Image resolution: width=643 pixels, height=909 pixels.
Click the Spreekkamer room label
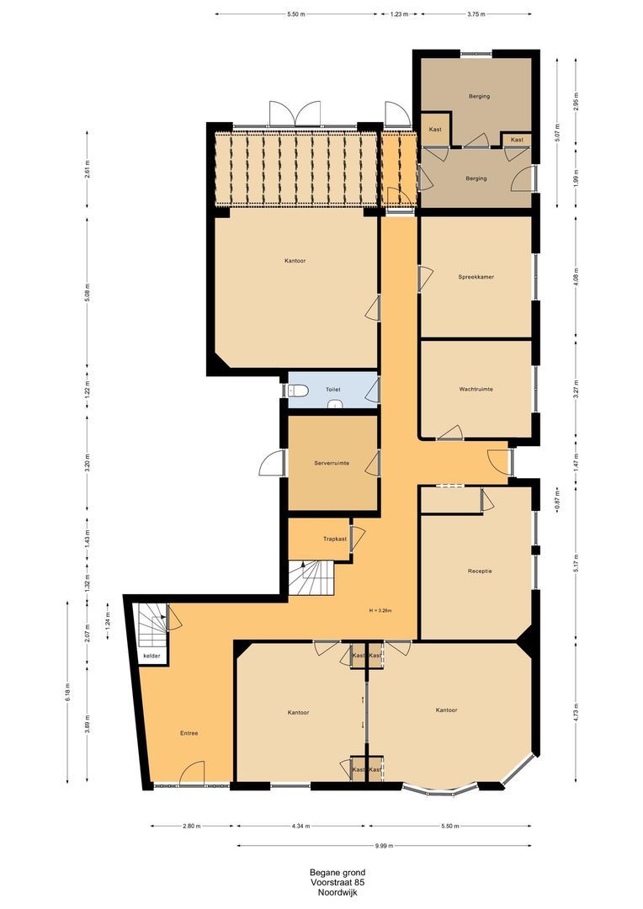476,277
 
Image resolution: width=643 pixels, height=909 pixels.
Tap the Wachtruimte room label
476,390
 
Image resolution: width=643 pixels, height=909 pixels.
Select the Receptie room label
480,571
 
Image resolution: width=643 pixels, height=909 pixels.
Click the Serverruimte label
332,463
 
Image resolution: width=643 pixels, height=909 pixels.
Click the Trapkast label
335,539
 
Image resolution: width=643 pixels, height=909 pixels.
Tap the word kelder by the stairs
151,656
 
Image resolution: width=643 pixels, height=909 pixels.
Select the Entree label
189,733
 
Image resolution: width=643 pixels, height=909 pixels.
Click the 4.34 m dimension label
300,827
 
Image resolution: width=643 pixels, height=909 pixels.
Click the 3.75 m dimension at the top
476,14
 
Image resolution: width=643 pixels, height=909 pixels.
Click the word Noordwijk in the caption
337,893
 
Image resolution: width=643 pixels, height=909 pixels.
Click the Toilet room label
332,391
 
